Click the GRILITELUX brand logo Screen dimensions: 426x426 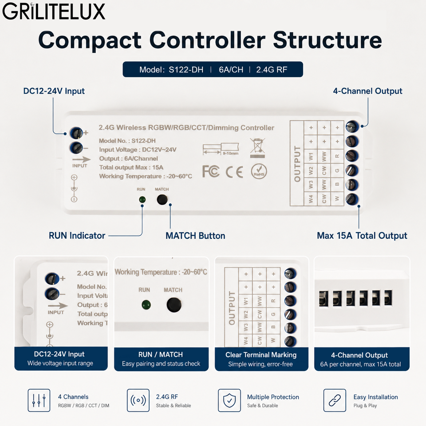point(54,12)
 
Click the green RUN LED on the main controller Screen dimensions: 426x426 point(142,200)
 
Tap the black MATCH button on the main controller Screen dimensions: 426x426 point(162,200)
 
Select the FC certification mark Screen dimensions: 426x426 point(211,171)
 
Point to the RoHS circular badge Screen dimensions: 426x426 point(259,171)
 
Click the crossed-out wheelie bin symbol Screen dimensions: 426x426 point(257,148)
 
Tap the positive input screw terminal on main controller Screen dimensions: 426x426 point(76,133)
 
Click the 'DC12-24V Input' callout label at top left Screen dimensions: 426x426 point(54,91)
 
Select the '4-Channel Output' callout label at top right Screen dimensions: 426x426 point(367,91)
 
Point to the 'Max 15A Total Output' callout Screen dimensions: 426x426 point(362,236)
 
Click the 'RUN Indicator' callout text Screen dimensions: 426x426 point(77,236)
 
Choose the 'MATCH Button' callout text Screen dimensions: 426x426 point(195,236)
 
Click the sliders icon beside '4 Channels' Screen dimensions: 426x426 point(39,400)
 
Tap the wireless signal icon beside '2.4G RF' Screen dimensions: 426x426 point(138,400)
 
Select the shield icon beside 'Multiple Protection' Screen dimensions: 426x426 point(229,400)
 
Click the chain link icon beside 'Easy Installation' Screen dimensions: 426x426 point(335,400)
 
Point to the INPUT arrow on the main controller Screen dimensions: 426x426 point(82,159)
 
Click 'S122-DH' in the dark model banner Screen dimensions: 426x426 point(186,70)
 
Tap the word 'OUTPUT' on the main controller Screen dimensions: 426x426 point(297,164)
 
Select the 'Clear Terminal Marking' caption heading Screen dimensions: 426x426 point(261,355)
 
